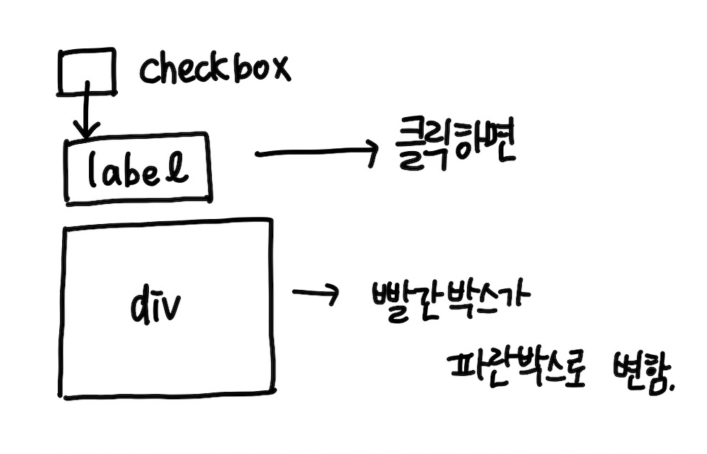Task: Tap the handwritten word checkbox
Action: pos(215,69)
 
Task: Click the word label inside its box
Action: pos(138,169)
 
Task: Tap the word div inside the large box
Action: pos(156,307)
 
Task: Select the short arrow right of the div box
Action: pos(315,294)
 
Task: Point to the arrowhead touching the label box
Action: pos(87,132)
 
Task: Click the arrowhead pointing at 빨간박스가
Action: pos(332,294)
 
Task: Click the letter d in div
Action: pos(140,307)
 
